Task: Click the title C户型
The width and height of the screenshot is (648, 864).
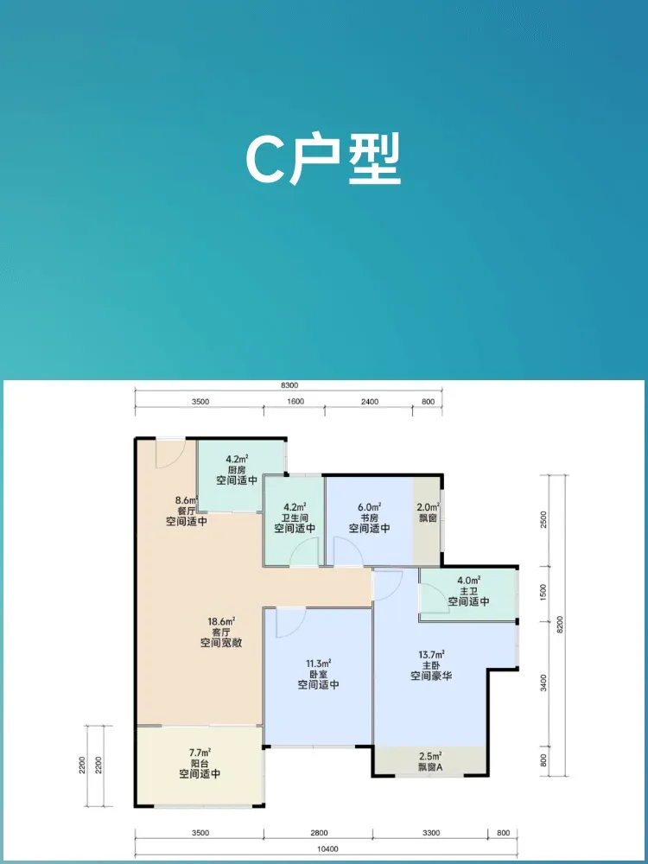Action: point(323,160)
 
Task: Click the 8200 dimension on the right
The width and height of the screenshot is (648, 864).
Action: point(561,625)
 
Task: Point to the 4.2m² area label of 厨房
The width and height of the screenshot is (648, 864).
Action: point(237,459)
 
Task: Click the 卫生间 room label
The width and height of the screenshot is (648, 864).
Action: point(295,518)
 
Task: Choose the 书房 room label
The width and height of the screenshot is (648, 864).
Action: point(369,518)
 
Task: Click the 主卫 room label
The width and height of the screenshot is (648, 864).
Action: point(468,591)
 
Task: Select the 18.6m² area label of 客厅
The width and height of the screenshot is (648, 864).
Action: point(221,621)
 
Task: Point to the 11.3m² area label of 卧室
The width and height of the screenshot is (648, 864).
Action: point(318,663)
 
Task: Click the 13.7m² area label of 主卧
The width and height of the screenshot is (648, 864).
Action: point(431,655)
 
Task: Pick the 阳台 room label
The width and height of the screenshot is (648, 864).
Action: point(200,763)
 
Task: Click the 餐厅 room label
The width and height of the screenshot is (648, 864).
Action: point(187,511)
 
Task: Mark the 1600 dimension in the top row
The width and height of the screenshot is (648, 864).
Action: point(295,402)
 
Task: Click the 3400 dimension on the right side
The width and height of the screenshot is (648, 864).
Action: point(543,683)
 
